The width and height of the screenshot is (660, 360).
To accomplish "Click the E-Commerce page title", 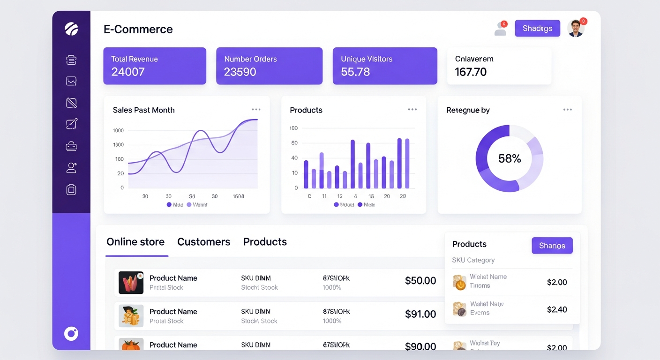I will pyautogui.click(x=138, y=29).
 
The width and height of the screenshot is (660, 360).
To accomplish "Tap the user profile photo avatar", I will pyautogui.click(x=576, y=28).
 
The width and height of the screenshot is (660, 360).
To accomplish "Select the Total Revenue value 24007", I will pyautogui.click(x=128, y=72).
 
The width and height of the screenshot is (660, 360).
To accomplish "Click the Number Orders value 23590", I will pyautogui.click(x=240, y=72).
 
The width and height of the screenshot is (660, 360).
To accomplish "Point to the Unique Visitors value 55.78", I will pyautogui.click(x=355, y=72).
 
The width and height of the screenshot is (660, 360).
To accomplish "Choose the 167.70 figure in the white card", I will pyautogui.click(x=471, y=72).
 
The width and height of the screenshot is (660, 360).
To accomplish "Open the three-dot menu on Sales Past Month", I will pyautogui.click(x=256, y=110).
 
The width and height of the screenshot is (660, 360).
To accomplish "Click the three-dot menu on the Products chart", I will pyautogui.click(x=412, y=110).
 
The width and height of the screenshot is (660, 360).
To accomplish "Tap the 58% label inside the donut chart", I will pyautogui.click(x=510, y=159).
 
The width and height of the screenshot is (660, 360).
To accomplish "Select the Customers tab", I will pyautogui.click(x=203, y=242).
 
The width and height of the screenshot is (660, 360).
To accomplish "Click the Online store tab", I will pyautogui.click(x=135, y=242).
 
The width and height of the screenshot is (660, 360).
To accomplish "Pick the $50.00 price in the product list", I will pyautogui.click(x=420, y=281).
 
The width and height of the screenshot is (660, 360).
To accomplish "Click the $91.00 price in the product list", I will pyautogui.click(x=420, y=314).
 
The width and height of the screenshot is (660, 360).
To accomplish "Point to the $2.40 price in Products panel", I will pyautogui.click(x=557, y=309).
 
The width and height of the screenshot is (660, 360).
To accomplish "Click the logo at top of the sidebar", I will pyautogui.click(x=71, y=29).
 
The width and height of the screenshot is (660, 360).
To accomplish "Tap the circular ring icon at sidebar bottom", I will pyautogui.click(x=71, y=334).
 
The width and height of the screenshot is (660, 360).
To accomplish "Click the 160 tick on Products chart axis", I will pyautogui.click(x=294, y=128).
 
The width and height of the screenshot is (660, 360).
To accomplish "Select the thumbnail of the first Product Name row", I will pyautogui.click(x=131, y=283).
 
